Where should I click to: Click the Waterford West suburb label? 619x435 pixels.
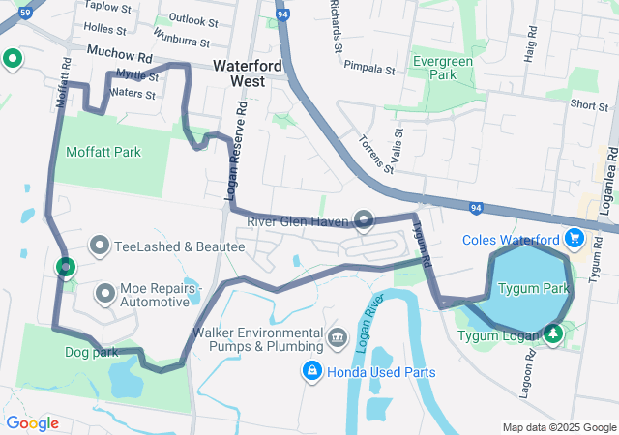[248, 74]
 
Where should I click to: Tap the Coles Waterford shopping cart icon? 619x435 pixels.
[575, 237]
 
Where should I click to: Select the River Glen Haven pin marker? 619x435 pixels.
[364, 220]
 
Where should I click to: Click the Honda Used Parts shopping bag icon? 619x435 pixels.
[312, 370]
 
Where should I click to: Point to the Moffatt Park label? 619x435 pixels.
[103, 152]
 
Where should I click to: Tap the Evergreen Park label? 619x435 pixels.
[441, 67]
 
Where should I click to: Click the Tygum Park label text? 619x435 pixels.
[532, 288]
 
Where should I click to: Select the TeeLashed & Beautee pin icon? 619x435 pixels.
[101, 246]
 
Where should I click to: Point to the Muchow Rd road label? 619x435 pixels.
[120, 57]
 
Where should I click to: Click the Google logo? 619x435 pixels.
[32, 423]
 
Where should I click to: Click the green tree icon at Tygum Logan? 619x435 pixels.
[552, 333]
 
